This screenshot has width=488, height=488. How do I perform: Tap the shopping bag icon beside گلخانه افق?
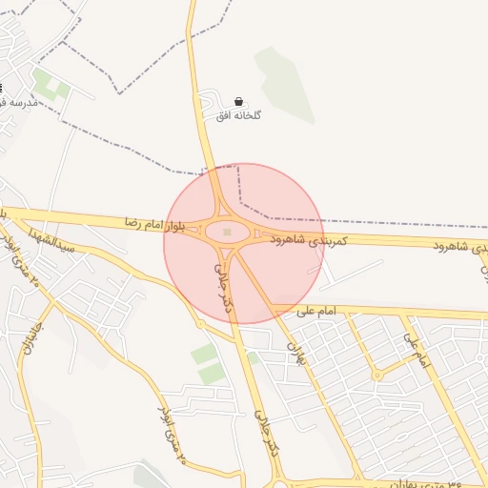pos(238,101)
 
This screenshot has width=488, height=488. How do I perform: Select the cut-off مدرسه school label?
pos(16,101)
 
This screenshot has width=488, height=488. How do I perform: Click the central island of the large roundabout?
pos(227,232)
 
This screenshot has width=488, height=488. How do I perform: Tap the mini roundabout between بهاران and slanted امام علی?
pos(377,375)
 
